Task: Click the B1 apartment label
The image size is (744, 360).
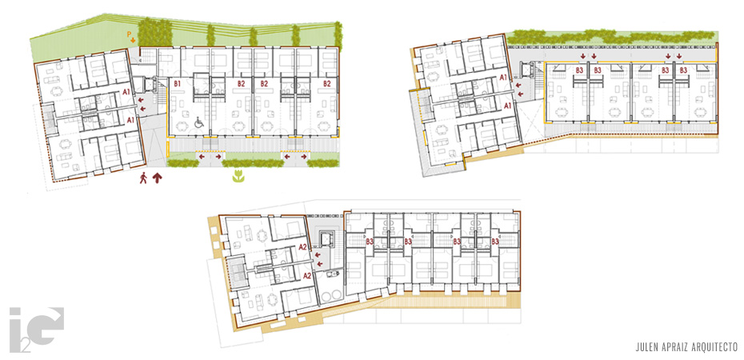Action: point(178,83)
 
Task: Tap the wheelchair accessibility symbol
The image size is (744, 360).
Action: point(199,122)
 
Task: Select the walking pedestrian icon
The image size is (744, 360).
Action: point(143,178)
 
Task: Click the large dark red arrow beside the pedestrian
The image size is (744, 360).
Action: point(157,178)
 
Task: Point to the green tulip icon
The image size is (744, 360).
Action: point(238,178)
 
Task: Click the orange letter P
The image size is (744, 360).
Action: point(128,34)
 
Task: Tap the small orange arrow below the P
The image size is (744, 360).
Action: point(134,40)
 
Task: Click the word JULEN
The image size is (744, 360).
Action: point(646,346)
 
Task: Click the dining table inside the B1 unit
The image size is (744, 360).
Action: point(182,126)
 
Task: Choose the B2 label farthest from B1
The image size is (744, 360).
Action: point(326,83)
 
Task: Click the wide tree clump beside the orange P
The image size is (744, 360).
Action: point(155,32)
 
